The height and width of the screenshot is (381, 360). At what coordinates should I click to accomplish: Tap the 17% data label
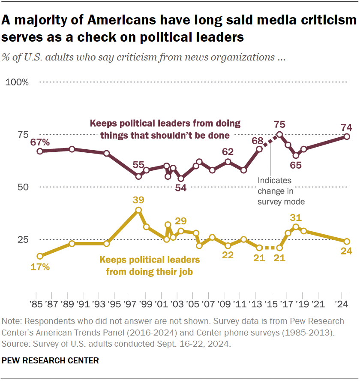(x=40, y=266)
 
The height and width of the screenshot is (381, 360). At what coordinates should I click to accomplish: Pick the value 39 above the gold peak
(x=138, y=200)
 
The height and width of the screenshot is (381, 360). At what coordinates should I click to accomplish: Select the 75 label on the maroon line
(x=280, y=124)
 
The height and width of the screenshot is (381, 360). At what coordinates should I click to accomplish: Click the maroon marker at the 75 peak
(x=279, y=134)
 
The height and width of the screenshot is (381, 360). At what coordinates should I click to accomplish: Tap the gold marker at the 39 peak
(x=138, y=210)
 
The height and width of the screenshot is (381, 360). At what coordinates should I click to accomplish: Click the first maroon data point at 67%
(x=39, y=151)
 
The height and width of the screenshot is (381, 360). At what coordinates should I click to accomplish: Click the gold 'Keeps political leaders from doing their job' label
(x=149, y=266)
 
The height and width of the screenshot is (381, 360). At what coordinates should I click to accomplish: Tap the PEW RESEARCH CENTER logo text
(x=50, y=361)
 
